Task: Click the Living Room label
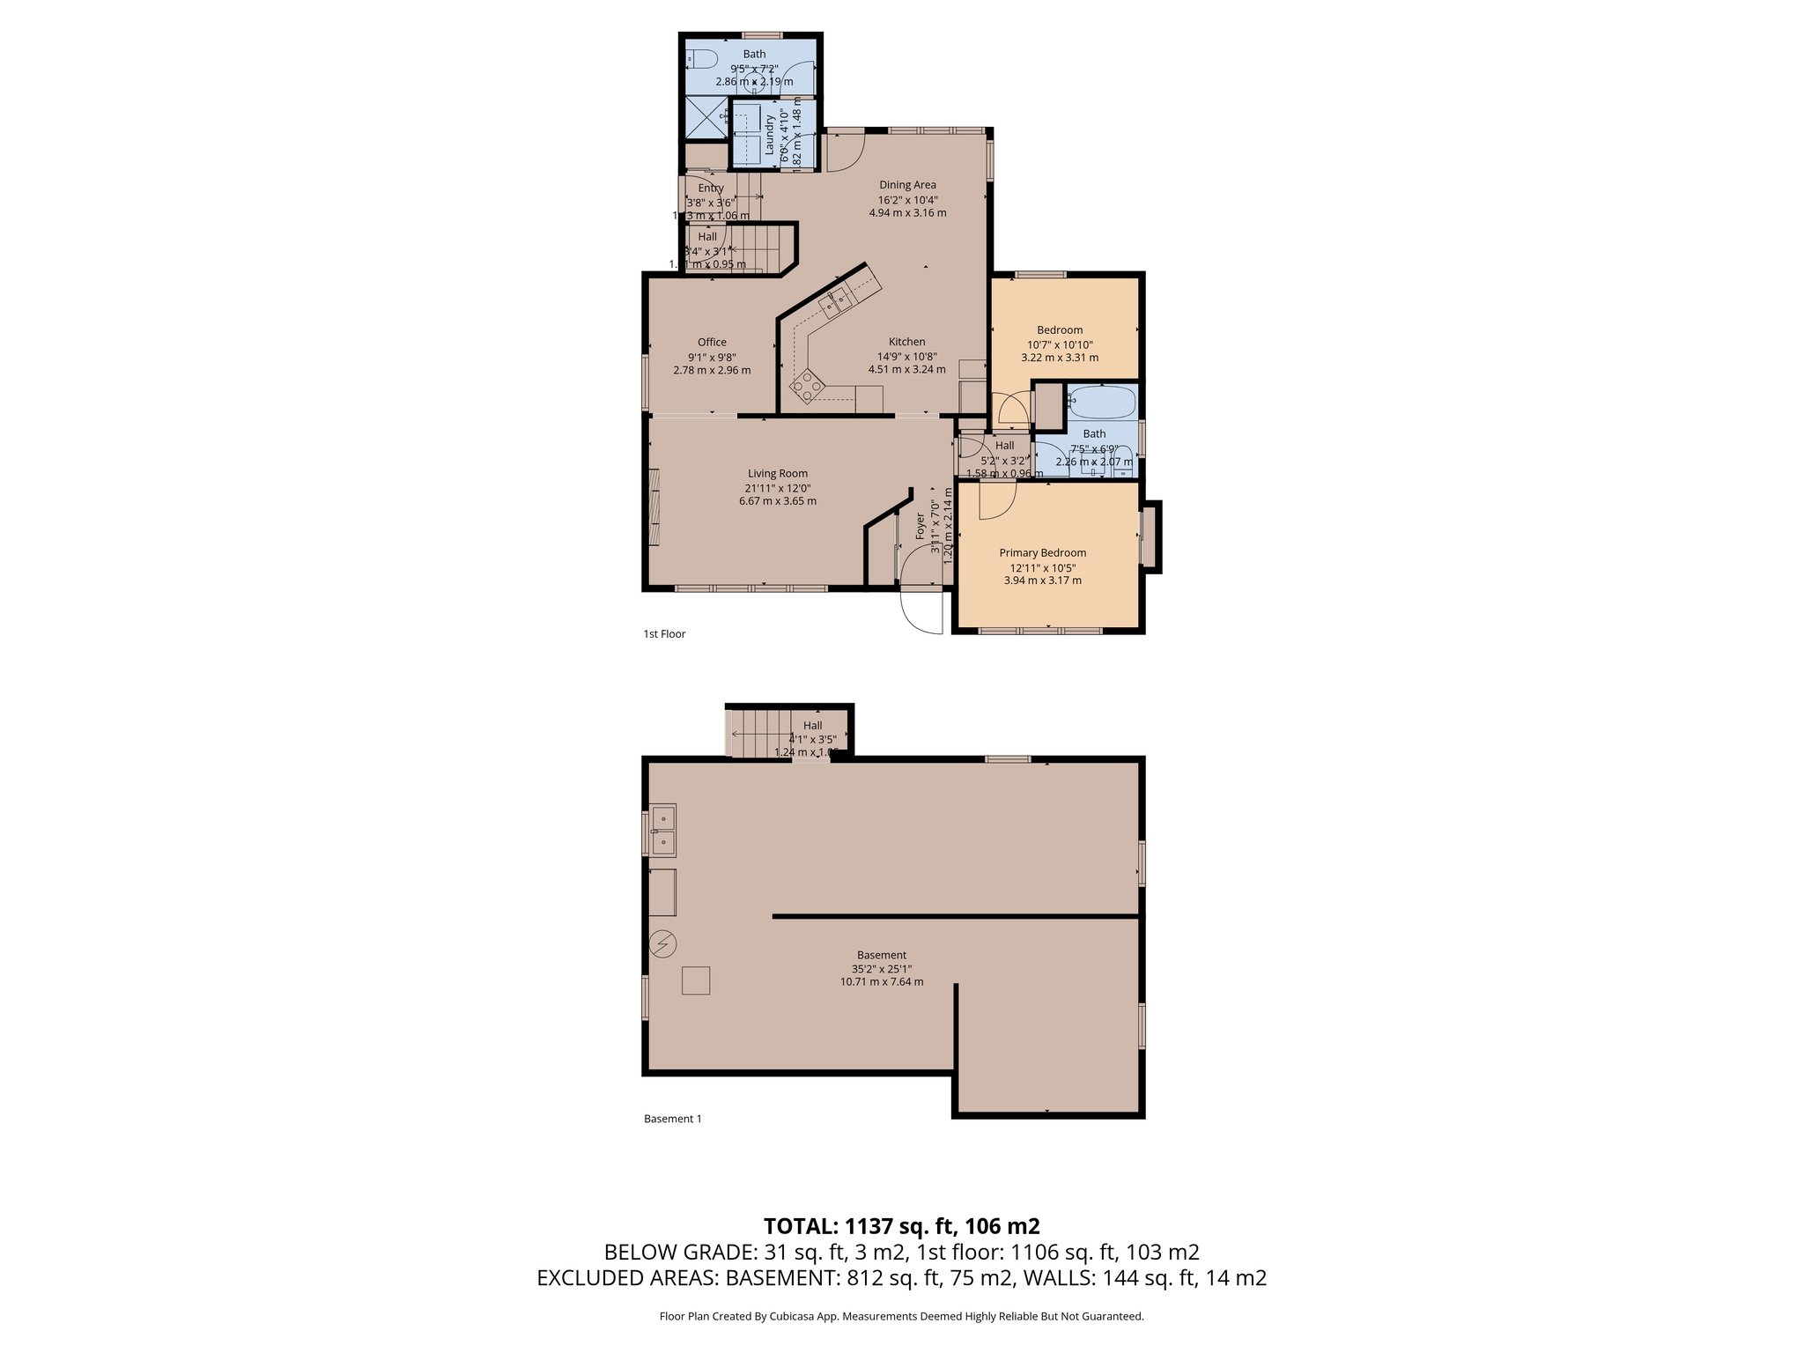click(778, 474)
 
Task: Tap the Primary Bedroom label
click(1042, 553)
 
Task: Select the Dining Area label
click(907, 185)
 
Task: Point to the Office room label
click(712, 343)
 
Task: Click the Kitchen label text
click(906, 342)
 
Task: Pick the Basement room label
click(882, 955)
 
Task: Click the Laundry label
click(769, 135)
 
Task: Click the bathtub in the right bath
click(1100, 403)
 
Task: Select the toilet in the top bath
click(702, 60)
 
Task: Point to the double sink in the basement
click(663, 830)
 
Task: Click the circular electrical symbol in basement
click(662, 945)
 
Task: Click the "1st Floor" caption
click(664, 634)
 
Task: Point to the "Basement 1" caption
click(673, 1120)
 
